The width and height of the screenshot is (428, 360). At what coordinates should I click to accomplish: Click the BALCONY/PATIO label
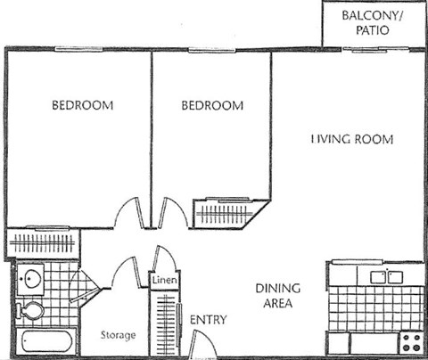tap(372, 23)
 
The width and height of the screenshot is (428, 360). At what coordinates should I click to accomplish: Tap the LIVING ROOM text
tap(352, 140)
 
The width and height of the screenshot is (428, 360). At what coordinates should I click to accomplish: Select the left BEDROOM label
tap(82, 105)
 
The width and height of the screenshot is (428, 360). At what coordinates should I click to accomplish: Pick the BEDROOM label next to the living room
tap(212, 105)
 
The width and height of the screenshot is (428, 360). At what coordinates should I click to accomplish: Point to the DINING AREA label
tap(278, 296)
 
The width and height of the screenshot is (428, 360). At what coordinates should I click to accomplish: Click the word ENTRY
tap(208, 320)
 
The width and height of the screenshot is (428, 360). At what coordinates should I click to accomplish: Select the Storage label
tap(118, 336)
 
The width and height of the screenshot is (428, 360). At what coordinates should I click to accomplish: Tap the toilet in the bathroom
tap(30, 311)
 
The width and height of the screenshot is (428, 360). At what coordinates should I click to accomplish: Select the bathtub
tap(47, 341)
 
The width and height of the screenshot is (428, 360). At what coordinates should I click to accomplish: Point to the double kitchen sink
tap(383, 275)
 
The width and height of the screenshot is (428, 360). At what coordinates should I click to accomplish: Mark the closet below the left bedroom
tap(43, 243)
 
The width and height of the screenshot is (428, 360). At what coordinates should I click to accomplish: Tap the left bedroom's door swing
tap(128, 213)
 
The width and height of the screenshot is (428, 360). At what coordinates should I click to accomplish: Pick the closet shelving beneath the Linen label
tap(165, 320)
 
